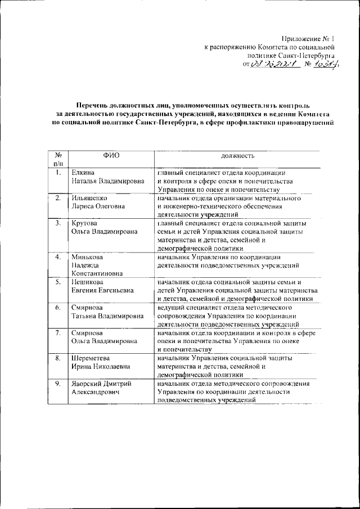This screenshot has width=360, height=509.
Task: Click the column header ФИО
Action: click(x=111, y=155)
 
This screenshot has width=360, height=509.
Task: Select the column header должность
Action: click(x=237, y=155)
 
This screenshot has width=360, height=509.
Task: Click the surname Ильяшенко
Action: click(x=89, y=199)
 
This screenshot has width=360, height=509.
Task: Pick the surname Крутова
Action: click(x=84, y=223)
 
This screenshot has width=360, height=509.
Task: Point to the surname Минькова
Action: click(x=86, y=257)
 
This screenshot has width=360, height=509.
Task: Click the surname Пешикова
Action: click(x=87, y=282)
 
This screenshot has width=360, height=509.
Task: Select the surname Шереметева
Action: click(x=91, y=358)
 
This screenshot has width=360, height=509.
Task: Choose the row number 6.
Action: click(x=57, y=308)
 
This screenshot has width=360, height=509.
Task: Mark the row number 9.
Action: click(x=57, y=384)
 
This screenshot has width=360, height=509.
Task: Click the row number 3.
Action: click(x=57, y=223)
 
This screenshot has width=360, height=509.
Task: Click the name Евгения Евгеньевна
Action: click(x=105, y=291)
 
